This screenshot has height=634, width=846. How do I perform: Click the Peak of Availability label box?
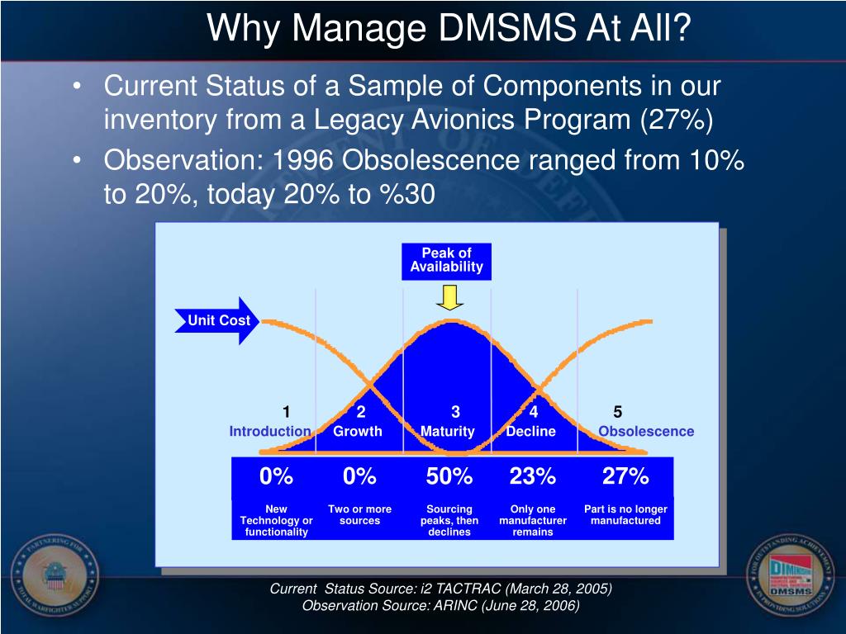pyautogui.click(x=446, y=260)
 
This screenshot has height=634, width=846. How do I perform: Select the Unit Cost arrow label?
pyautogui.click(x=217, y=320)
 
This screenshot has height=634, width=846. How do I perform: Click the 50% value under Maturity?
pyautogui.click(x=449, y=476)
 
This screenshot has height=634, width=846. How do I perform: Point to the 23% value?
pyautogui.click(x=533, y=476)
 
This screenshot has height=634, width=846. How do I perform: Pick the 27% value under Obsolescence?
pyautogui.click(x=625, y=476)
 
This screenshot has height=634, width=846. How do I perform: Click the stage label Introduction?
pyautogui.click(x=270, y=431)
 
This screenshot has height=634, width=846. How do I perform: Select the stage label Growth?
pyautogui.click(x=358, y=431)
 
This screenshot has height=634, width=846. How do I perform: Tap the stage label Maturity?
pyautogui.click(x=448, y=431)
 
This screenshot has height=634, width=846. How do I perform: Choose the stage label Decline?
pyautogui.click(x=531, y=431)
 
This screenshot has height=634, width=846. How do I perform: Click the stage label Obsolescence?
pyautogui.click(x=646, y=431)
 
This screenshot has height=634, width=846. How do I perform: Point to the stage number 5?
pyautogui.click(x=618, y=412)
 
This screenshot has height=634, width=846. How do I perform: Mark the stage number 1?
pyautogui.click(x=286, y=412)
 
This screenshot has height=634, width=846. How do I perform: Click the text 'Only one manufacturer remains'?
pyautogui.click(x=533, y=520)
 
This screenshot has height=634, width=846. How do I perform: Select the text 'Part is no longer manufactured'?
pyautogui.click(x=625, y=515)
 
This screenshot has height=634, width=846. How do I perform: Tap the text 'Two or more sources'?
pyautogui.click(x=359, y=515)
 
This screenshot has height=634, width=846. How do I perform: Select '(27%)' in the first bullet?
pyautogui.click(x=676, y=121)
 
